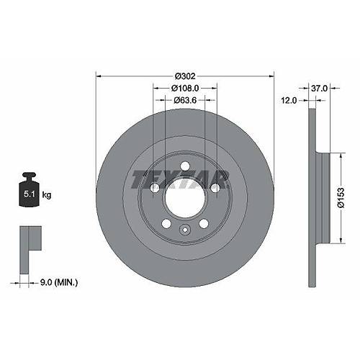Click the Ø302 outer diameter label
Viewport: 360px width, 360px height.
[x=185, y=76]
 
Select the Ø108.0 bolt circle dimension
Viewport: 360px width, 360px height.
[x=185, y=89]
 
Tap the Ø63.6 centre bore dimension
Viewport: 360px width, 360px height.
[x=185, y=100]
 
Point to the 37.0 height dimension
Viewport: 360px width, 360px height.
[x=319, y=89]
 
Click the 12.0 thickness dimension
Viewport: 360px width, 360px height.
[x=289, y=100]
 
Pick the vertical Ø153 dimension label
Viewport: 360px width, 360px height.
[x=341, y=198]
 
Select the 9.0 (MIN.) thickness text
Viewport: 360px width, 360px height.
[x=59, y=282]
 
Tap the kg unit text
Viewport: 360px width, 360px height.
[x=47, y=194]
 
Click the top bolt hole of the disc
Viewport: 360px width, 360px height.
[x=185, y=166]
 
